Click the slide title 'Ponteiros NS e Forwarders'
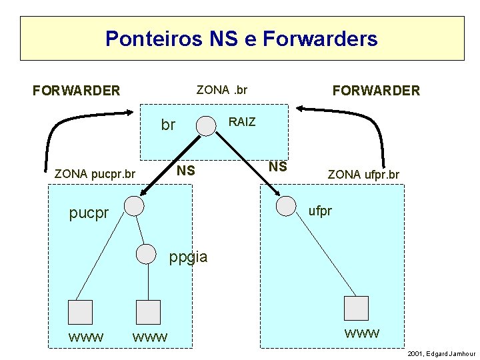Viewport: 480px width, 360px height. tap(241, 39)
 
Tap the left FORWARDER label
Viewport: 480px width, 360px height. tap(77, 90)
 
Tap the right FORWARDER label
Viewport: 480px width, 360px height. tap(377, 90)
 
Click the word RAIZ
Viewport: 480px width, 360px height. tap(242, 122)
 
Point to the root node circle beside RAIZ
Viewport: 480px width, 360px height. tap(206, 126)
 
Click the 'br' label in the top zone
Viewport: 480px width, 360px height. tap(168, 125)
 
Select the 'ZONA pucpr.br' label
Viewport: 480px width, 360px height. tap(95, 175)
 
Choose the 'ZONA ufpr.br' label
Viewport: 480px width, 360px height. tap(363, 175)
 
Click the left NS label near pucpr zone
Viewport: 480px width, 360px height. tap(186, 171)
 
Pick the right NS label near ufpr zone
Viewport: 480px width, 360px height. tap(277, 167)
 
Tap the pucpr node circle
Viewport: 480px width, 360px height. tap(135, 206)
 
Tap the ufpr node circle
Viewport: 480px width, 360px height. tap(287, 205)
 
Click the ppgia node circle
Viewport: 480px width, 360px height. tap(147, 253)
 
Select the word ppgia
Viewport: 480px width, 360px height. tap(189, 257)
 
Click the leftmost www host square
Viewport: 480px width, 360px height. tap(81, 312)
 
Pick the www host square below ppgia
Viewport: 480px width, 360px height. tap(148, 312)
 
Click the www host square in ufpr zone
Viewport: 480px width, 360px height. tap(356, 307)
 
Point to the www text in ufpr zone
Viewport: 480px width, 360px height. tap(362, 333)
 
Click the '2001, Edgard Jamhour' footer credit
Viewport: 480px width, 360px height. tap(441, 353)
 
